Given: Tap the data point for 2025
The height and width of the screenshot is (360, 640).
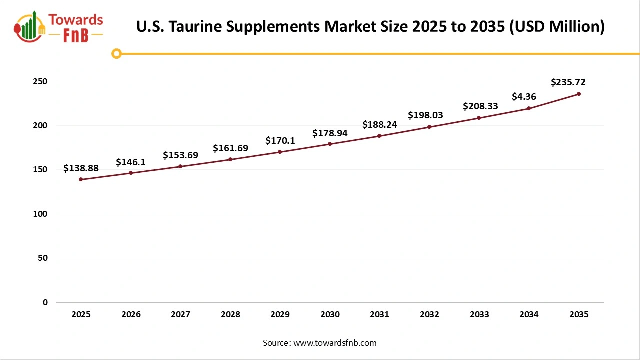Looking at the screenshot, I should (x=81, y=179).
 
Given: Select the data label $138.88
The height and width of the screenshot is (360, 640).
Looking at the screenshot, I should (x=81, y=168).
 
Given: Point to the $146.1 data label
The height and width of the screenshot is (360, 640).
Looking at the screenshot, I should (x=131, y=162).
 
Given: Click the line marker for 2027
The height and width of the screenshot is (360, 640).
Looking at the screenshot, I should (x=180, y=166).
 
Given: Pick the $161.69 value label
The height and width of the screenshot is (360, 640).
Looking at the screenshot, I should (x=230, y=148).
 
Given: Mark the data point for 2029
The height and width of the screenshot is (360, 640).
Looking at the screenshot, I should (x=280, y=152).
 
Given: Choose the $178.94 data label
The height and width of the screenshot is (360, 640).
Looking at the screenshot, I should (x=330, y=133).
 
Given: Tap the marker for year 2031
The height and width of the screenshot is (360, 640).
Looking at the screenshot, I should (x=379, y=136).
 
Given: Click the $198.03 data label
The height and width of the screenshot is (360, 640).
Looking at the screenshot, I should (x=425, y=115).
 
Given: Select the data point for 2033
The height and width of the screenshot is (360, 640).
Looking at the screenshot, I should (x=479, y=118).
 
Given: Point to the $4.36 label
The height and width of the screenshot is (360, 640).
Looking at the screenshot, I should (x=524, y=97).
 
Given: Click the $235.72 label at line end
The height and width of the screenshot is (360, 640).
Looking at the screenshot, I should (x=568, y=82).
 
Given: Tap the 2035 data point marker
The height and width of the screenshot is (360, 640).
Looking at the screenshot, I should (x=579, y=94).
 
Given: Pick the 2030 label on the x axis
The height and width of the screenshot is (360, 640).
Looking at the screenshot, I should (x=330, y=315).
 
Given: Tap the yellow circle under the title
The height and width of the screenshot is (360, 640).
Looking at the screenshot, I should (x=116, y=53).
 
